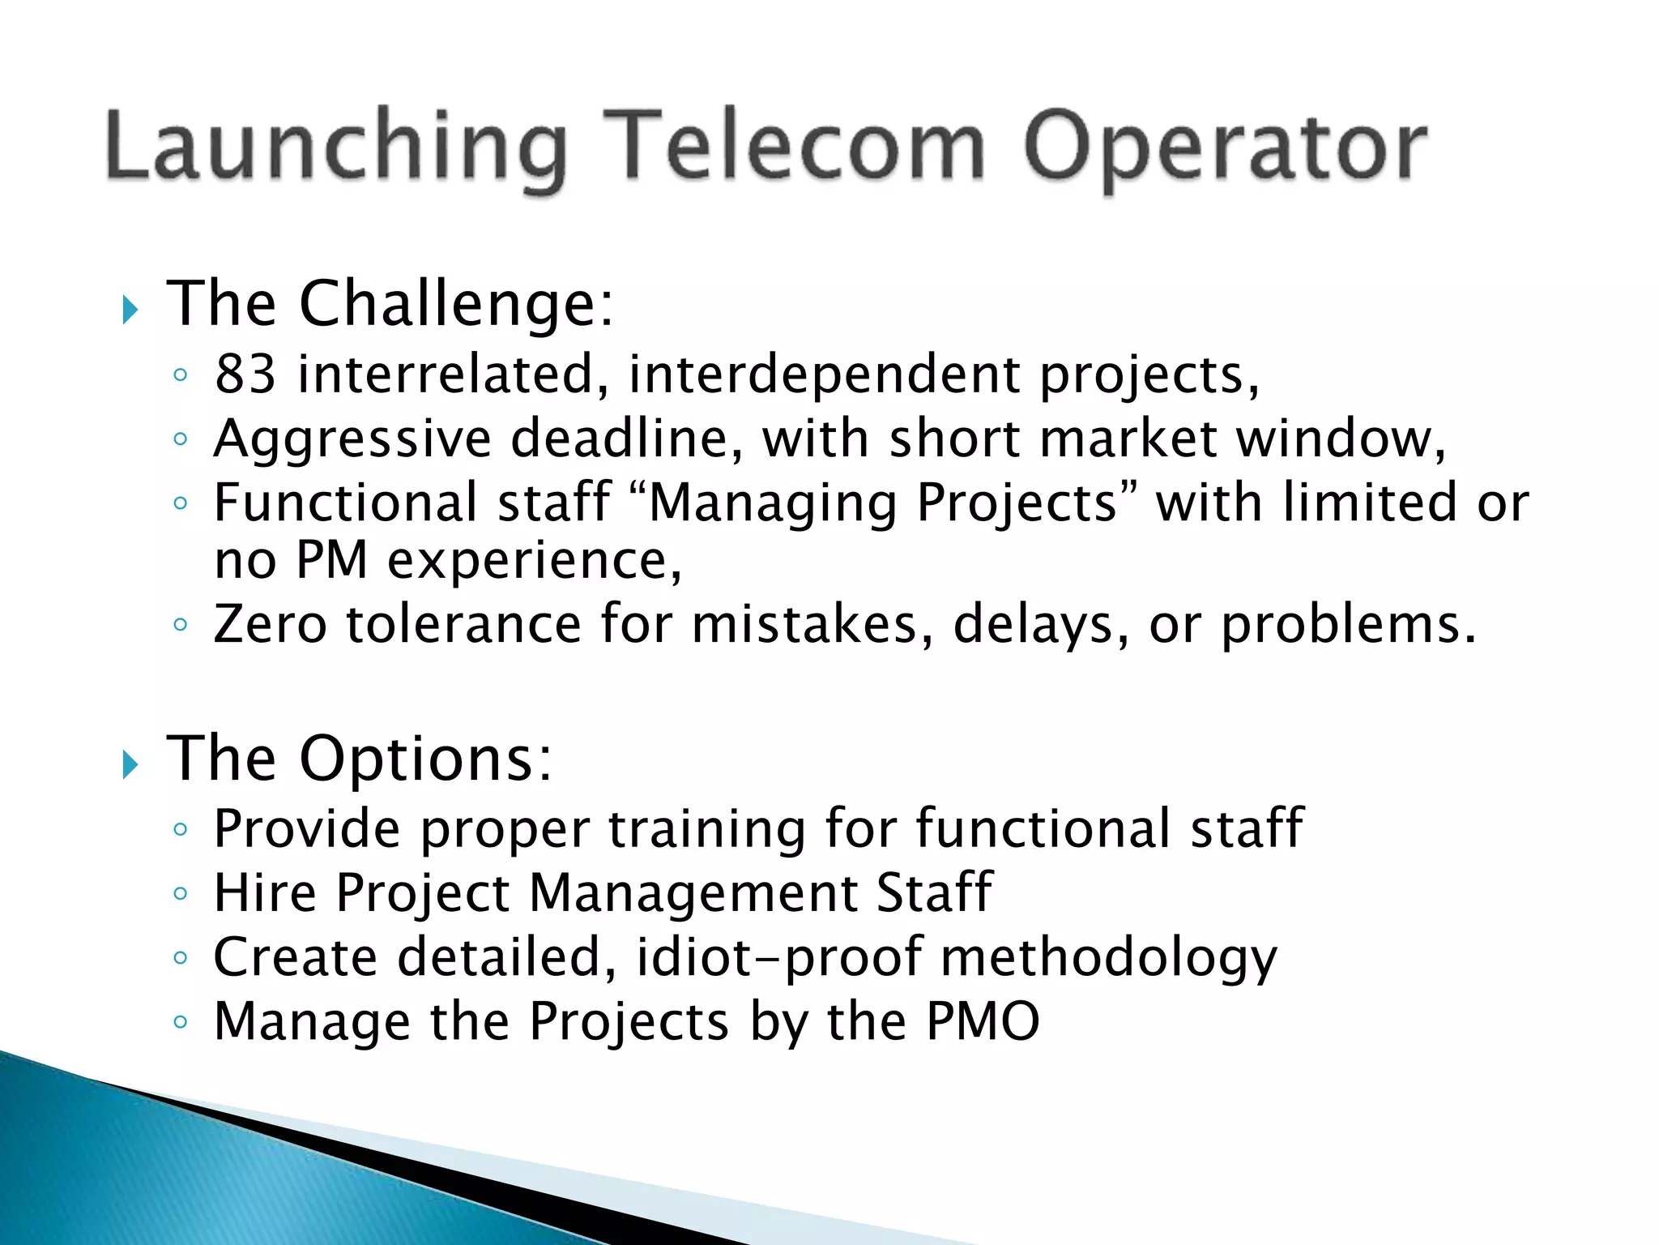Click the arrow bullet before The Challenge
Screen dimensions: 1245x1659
click(x=130, y=309)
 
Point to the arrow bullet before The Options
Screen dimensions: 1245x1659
click(x=130, y=764)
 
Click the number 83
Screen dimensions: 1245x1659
click(x=245, y=374)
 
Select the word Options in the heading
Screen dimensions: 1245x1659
click(x=425, y=759)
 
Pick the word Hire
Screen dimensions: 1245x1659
click(x=264, y=893)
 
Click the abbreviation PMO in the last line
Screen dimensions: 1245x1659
click(x=982, y=1021)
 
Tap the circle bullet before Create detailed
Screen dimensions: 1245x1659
click(x=181, y=958)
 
